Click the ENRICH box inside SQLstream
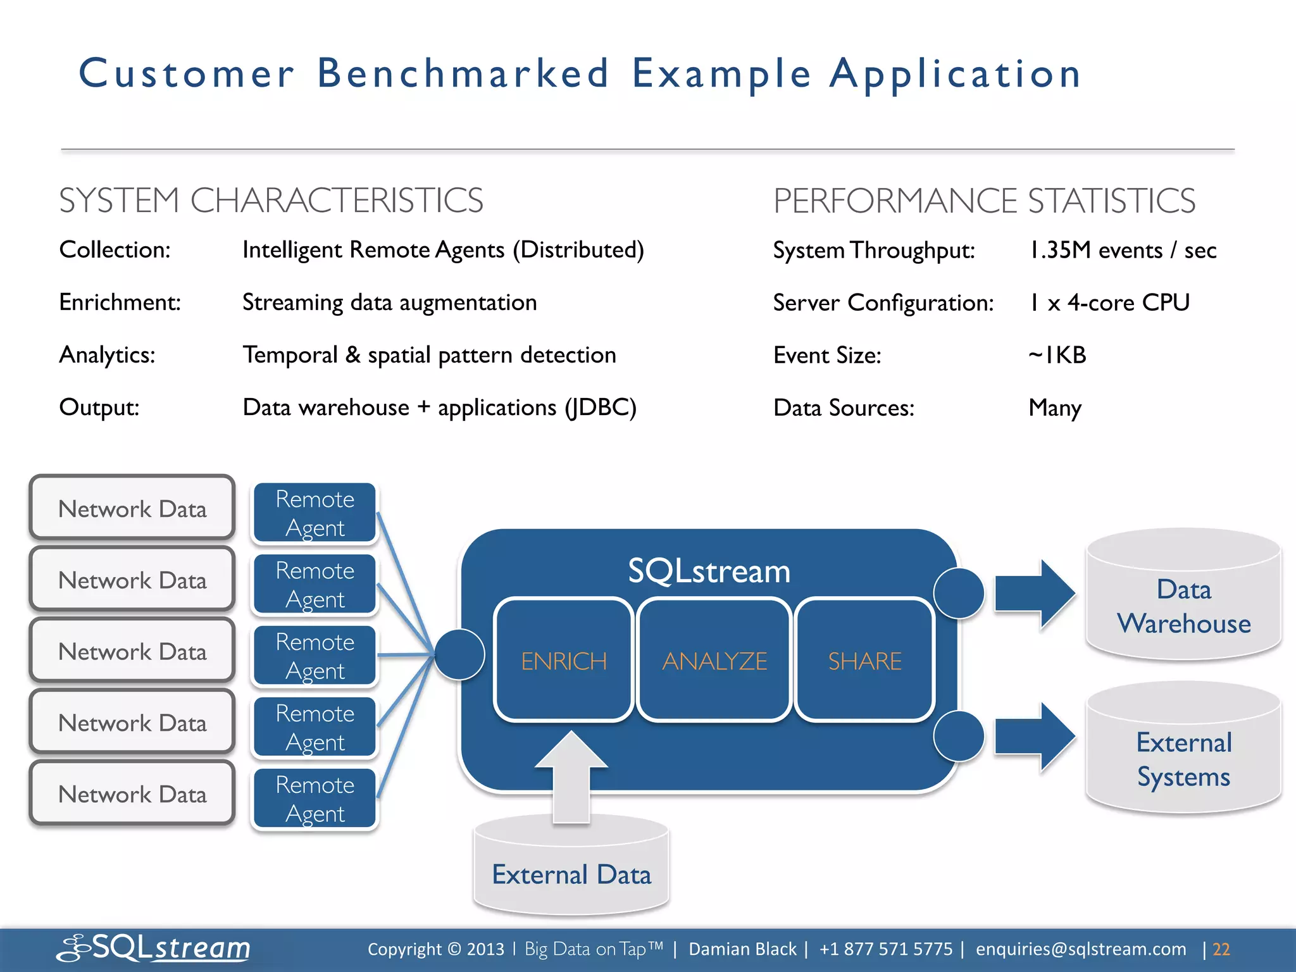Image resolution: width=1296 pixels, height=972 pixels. point(563,659)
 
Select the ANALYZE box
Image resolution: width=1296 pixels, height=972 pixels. point(714,659)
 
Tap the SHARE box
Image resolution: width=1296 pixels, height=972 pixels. point(864,659)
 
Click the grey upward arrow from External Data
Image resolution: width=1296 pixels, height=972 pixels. point(571,778)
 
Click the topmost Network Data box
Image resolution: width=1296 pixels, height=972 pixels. point(132,508)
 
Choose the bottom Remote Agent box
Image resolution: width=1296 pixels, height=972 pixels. point(315,799)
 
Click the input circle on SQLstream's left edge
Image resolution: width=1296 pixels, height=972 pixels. point(460,654)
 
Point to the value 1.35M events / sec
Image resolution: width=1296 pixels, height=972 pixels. point(1122,250)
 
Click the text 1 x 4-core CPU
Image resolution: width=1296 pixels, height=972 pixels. point(1109,302)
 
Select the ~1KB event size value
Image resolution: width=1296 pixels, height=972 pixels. point(1057,355)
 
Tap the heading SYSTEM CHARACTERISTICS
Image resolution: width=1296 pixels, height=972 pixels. point(271,201)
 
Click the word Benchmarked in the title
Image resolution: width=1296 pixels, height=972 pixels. point(463,73)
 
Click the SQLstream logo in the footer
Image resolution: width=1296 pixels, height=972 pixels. point(154,948)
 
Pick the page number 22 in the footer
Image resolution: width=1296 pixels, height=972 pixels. point(1221,949)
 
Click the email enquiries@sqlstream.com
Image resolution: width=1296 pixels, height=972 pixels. point(1080,949)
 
